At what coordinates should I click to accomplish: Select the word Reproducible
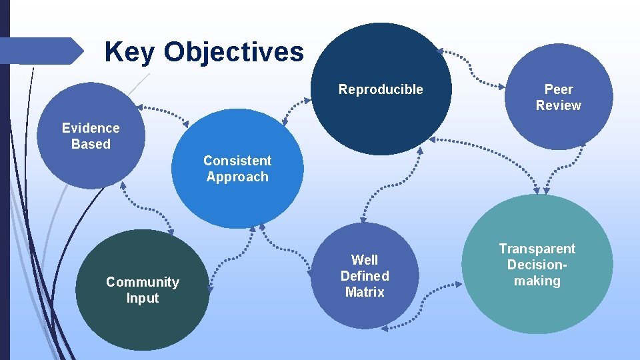[381, 89]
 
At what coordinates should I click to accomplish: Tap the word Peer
[559, 89]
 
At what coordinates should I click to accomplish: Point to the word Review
[559, 105]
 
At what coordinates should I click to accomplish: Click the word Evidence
[91, 128]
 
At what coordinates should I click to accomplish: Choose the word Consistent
[237, 161]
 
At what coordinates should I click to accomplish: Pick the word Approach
[237, 177]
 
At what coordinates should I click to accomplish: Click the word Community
[143, 282]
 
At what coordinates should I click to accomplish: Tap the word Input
[143, 298]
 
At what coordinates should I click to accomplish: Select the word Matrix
[365, 292]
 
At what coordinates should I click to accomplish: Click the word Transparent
[537, 249]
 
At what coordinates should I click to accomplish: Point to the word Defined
[365, 276]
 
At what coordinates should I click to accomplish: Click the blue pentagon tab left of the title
[40, 51]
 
